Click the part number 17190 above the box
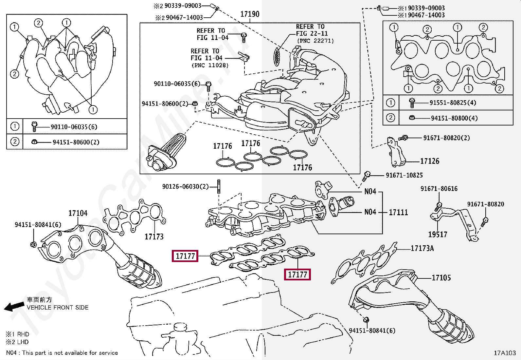pyautogui.click(x=250, y=14)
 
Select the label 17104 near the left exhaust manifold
pyautogui.click(x=78, y=213)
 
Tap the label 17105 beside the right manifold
pyautogui.click(x=441, y=277)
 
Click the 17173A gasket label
pyautogui.click(x=422, y=248)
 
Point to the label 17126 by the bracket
pyautogui.click(x=430, y=161)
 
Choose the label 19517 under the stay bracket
pyautogui.click(x=438, y=234)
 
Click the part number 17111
pyautogui.click(x=398, y=212)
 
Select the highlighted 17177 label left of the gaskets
pyautogui.click(x=185, y=256)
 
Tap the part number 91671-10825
pyautogui.click(x=404, y=175)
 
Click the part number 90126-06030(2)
pyautogui.click(x=185, y=186)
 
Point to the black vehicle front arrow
pyautogui.click(x=14, y=307)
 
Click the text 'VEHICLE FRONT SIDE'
pyautogui.click(x=58, y=307)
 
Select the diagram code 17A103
pyautogui.click(x=505, y=353)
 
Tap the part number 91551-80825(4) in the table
pyautogui.click(x=453, y=103)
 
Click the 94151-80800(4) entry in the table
pyautogui.click(x=454, y=118)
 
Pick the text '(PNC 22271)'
pyautogui.click(x=315, y=41)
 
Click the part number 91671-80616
pyautogui.click(x=439, y=189)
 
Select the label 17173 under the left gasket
pyautogui.click(x=154, y=237)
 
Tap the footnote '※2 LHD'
pyautogui.click(x=17, y=342)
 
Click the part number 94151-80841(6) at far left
pyautogui.click(x=38, y=224)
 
